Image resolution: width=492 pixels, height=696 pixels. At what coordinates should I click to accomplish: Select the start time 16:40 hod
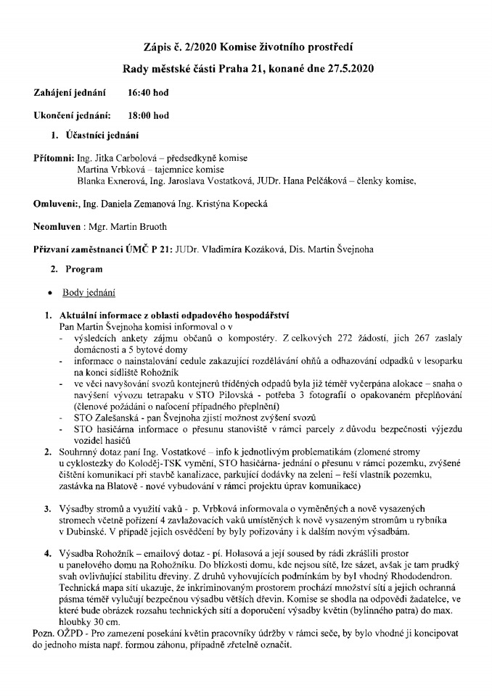coord(148,94)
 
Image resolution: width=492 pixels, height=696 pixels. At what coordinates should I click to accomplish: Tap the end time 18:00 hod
coord(148,115)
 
